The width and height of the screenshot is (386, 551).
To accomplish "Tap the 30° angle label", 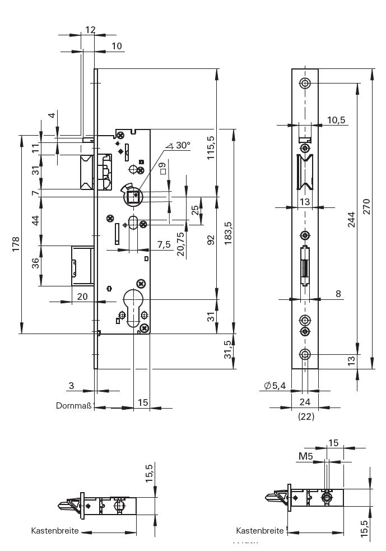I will [182, 145].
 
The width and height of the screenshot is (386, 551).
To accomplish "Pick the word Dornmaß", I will [73, 405].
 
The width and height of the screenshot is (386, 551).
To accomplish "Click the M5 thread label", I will [305, 457].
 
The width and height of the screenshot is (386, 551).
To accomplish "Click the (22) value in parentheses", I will [305, 417].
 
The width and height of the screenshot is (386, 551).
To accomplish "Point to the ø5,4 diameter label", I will [275, 385].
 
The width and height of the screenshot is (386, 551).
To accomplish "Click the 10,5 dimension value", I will [337, 119].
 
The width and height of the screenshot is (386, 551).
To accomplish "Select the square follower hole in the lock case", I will [133, 196].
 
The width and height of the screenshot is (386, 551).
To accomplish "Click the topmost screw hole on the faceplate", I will [305, 84].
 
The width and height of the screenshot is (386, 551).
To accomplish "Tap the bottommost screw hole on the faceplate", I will [305, 354].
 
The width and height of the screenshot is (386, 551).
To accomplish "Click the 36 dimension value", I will [35, 263].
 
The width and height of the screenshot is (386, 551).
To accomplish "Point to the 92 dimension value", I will [211, 240].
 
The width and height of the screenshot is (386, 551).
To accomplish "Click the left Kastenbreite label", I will [55, 530].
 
